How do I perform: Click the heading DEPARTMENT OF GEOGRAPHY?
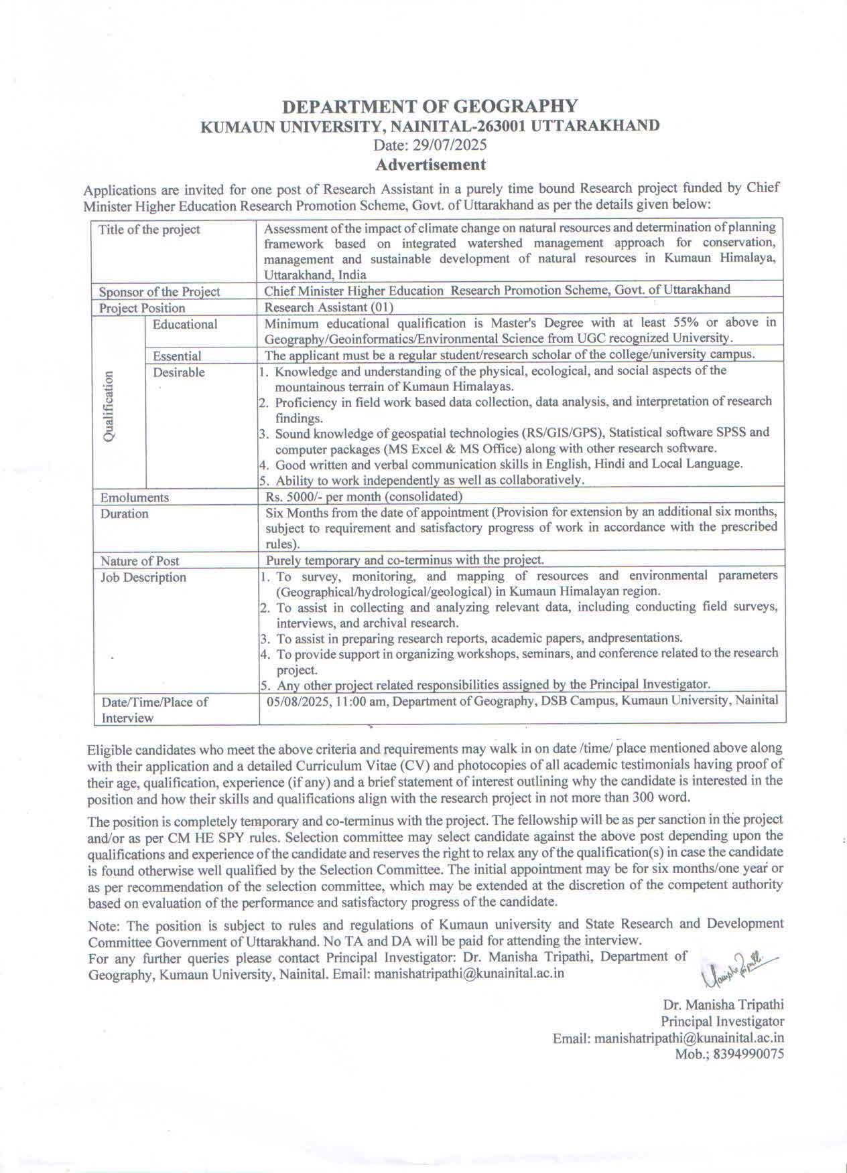[430, 106]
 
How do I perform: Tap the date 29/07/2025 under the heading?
[450, 145]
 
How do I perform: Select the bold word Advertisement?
[430, 164]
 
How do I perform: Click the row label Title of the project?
[149, 230]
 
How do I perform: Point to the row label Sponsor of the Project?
[159, 292]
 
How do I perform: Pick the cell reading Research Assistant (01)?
[328, 307]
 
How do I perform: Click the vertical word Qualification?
[109, 406]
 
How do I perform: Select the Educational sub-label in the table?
[185, 325]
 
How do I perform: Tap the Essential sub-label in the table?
[177, 356]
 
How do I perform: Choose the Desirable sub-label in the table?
[179, 372]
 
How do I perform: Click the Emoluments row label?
[134, 497]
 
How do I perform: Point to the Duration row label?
[124, 514]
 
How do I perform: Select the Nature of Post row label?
[139, 561]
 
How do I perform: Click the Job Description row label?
[143, 577]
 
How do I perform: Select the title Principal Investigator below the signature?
[722, 1021]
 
